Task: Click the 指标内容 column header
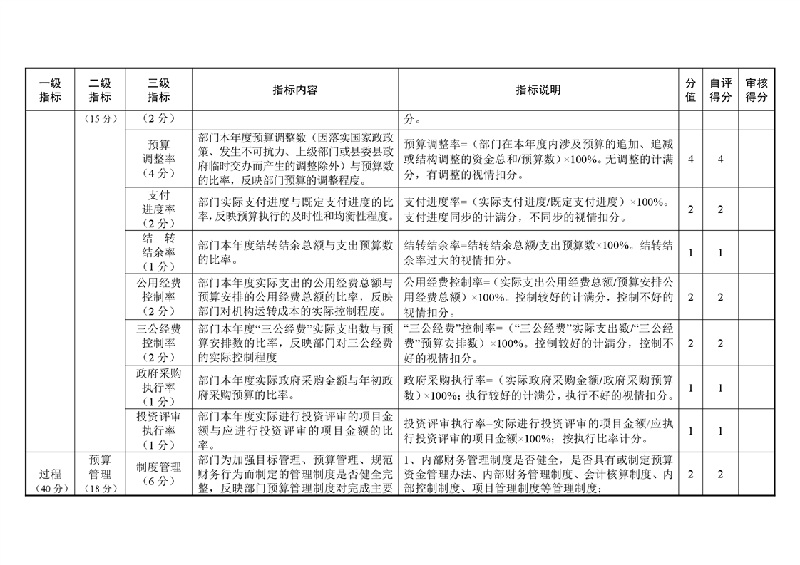pos(294,90)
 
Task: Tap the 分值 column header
pos(690,90)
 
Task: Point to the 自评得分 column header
pos(720,90)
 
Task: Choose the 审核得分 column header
pos(756,90)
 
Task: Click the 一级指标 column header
pos(50,90)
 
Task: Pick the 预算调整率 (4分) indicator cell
pos(158,158)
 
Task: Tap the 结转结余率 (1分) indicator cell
pos(158,252)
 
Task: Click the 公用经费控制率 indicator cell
pos(158,296)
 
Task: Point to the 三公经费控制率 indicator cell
pos(158,343)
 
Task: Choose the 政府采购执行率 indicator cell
pos(158,387)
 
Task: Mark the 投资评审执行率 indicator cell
pos(158,430)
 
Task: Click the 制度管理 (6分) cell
pos(158,474)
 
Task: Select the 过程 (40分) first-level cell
pos(50,481)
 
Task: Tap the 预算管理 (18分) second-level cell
pos(100,474)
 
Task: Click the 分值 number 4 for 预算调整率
pos(690,159)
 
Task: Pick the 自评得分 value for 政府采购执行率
pos(720,388)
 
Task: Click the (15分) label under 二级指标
pos(100,118)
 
